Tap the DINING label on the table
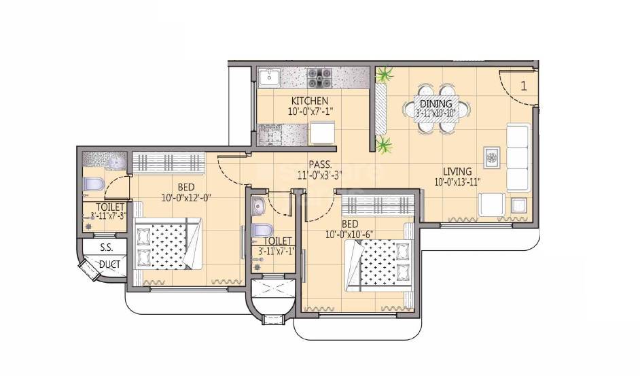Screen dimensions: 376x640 tap(435, 104)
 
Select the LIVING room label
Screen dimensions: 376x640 tap(458, 171)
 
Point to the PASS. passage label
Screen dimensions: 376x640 tap(319, 165)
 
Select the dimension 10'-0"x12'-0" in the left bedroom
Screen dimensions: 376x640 tap(186, 198)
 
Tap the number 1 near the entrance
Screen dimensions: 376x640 tap(524, 86)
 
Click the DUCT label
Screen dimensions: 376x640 tap(107, 264)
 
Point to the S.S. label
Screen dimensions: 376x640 tap(106, 247)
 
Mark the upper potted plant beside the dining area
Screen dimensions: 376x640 tap(385, 73)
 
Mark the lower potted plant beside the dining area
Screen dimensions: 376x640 tap(385, 145)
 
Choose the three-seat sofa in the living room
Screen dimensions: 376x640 tap(518, 158)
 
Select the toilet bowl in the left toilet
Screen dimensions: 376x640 tap(92, 184)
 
